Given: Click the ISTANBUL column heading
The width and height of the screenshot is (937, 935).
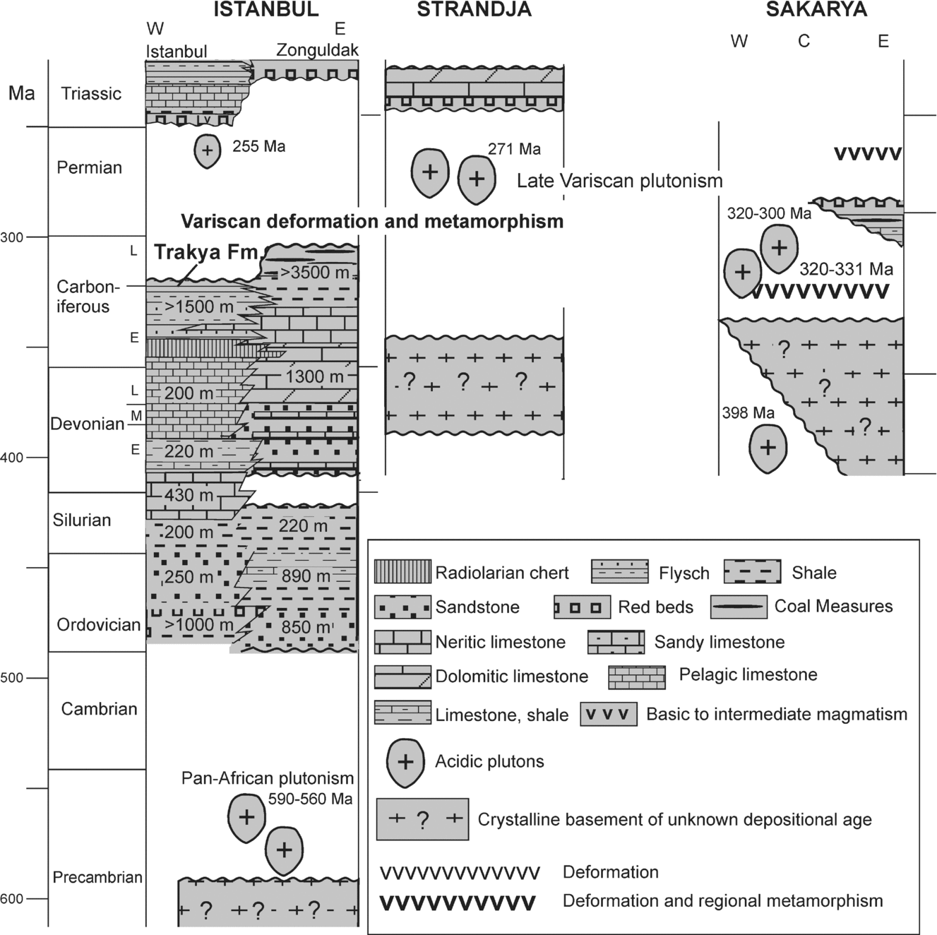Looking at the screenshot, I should tap(266, 9).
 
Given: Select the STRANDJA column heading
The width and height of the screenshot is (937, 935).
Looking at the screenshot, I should tap(474, 9).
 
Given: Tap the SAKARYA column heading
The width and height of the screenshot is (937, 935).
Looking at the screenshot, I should tap(817, 9).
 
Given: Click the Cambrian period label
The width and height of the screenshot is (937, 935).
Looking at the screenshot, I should tap(99, 709).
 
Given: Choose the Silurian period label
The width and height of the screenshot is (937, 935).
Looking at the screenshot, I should tap(82, 520).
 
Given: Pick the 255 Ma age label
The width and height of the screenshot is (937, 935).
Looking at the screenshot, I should tap(259, 147).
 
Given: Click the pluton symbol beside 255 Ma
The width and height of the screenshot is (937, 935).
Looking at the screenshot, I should tap(207, 151).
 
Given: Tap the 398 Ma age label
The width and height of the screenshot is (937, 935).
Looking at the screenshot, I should tap(748, 413).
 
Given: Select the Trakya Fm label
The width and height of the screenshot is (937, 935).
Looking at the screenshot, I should tap(205, 253).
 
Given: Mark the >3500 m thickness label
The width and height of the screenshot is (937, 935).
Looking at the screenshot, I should tap(314, 273).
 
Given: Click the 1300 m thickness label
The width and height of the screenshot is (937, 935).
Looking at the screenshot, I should tap(314, 376).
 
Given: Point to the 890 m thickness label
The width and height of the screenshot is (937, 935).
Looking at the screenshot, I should tap(305, 576).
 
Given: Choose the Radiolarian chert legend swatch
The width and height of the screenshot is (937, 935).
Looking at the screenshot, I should tap(402, 572).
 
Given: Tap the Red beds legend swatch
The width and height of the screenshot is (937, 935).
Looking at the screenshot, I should tap(582, 607).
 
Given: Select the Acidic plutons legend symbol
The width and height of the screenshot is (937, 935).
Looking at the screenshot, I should tap(405, 763).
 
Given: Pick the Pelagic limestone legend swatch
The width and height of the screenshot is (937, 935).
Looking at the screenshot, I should tap(636, 677).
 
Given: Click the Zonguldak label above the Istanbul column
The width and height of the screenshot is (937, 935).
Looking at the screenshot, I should tap(317, 50).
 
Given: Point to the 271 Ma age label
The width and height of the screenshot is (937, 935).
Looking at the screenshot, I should tap(514, 149).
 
